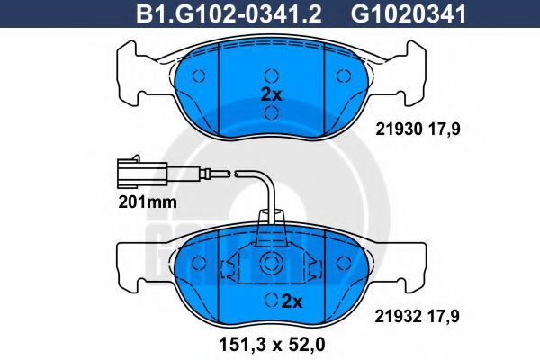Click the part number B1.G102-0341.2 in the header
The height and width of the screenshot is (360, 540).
pos(229,13)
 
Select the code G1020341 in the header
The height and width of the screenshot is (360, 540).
pos(409,13)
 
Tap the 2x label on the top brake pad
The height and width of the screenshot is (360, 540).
pos(272,94)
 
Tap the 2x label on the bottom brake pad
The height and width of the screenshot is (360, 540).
pos(292,301)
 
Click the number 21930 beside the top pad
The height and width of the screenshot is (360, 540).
pos(399,130)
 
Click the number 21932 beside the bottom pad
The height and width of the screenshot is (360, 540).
pos(399,316)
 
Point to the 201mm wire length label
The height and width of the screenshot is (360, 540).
pos(148,202)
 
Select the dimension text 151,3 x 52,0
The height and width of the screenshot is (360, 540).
pos(272,345)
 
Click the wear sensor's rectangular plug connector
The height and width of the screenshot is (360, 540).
pos(142,173)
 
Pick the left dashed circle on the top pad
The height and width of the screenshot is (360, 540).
pos(199,76)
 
